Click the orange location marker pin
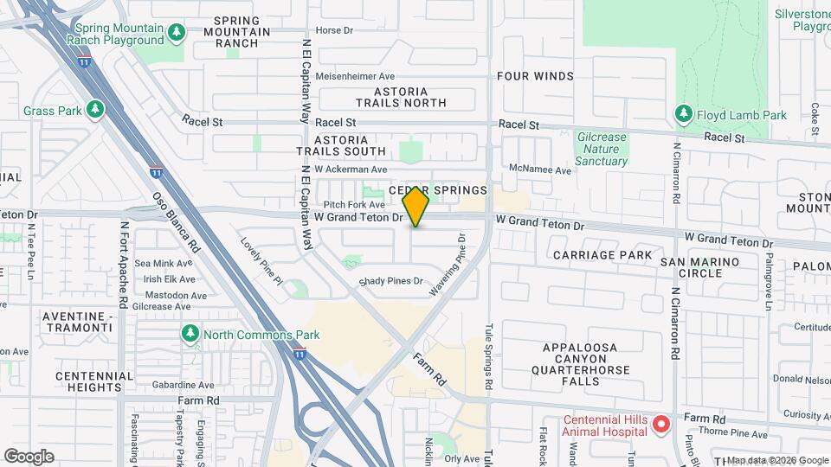click(x=416, y=207)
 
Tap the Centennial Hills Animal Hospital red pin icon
click(x=661, y=424)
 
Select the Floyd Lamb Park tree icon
click(x=683, y=114)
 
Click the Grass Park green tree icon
click(x=95, y=110)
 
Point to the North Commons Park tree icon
click(x=190, y=334)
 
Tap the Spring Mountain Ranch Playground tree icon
click(x=177, y=33)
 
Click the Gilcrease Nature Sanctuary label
click(x=602, y=149)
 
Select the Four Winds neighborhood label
click(x=535, y=76)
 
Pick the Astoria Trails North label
click(x=411, y=97)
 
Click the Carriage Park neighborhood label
click(x=602, y=255)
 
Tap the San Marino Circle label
click(x=699, y=267)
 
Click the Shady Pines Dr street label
click(x=392, y=281)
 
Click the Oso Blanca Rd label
click(x=177, y=221)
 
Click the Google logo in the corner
click(x=29, y=457)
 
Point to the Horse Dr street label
click(x=335, y=30)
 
